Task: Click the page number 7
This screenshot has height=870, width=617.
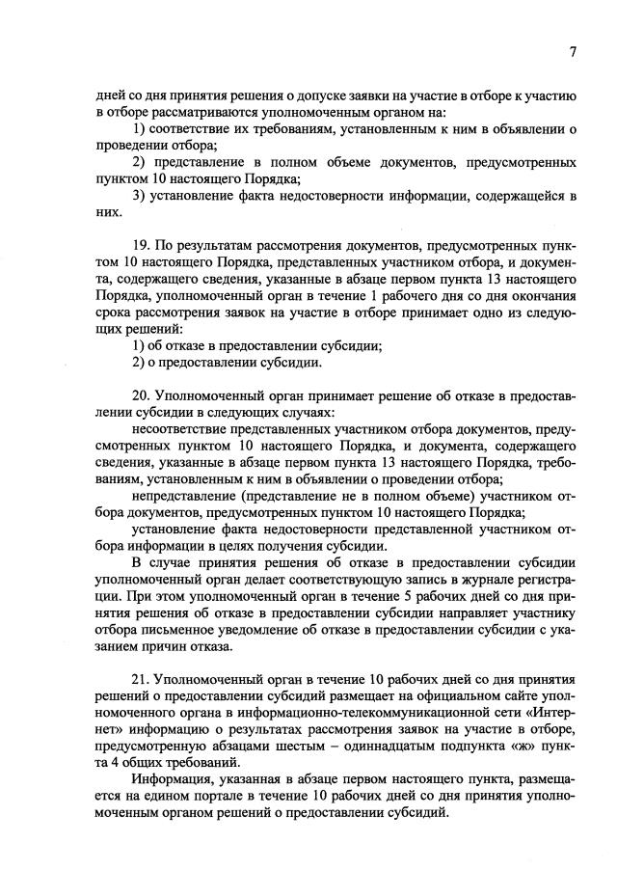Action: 572,53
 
